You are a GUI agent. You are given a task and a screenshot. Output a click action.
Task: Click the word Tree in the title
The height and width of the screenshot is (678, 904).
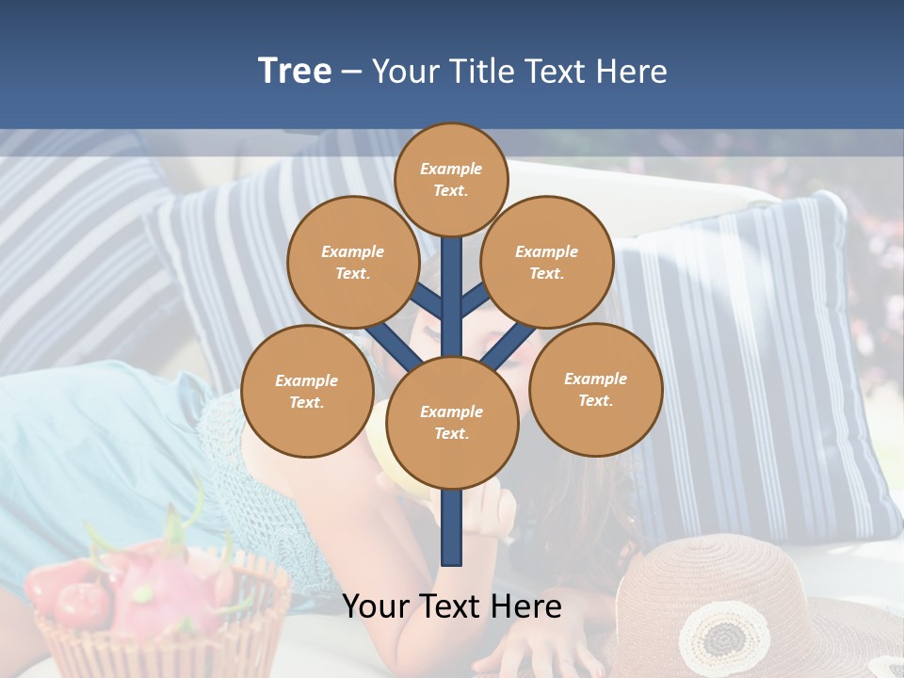(295, 71)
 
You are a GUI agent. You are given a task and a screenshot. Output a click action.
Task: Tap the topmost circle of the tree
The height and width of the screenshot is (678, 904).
(451, 179)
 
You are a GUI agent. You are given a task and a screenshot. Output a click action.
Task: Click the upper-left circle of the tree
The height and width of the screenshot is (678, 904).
(353, 262)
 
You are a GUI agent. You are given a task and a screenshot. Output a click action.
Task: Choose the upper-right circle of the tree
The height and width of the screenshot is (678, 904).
(547, 262)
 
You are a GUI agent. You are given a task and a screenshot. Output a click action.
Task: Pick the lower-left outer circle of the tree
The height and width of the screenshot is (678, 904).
(307, 391)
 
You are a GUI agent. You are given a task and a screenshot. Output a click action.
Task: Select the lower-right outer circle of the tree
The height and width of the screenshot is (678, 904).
(596, 389)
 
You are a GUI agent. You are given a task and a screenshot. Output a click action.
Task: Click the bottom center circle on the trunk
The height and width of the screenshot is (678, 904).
(452, 422)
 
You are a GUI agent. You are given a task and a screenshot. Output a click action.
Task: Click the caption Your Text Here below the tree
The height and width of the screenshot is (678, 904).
(452, 605)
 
